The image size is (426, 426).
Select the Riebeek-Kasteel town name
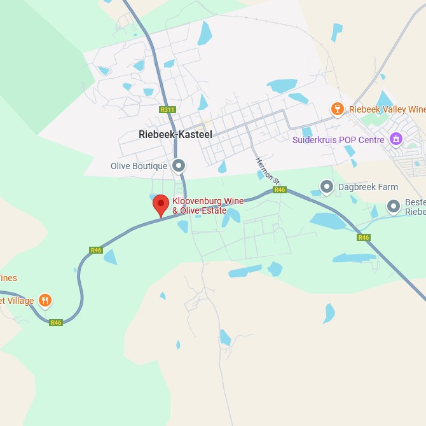tap(175, 135)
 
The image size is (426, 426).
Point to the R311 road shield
tap(167, 109)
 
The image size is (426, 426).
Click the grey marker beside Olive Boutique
tap(179, 166)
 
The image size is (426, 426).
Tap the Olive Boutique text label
tap(139, 166)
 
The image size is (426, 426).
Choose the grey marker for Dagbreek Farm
tap(327, 187)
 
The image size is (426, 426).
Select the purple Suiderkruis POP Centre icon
tap(396, 139)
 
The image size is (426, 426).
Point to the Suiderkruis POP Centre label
tap(338, 140)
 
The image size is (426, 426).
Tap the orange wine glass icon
tap(338, 109)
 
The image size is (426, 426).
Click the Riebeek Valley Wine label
tap(387, 109)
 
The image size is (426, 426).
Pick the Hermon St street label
tap(268, 170)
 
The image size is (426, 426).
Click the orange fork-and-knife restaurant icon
tap(45, 300)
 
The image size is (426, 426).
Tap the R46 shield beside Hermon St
tap(280, 189)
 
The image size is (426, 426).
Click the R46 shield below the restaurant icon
tap(56, 322)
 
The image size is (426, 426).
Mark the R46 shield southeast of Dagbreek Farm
tap(363, 237)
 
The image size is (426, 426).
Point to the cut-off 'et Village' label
tap(17, 301)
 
